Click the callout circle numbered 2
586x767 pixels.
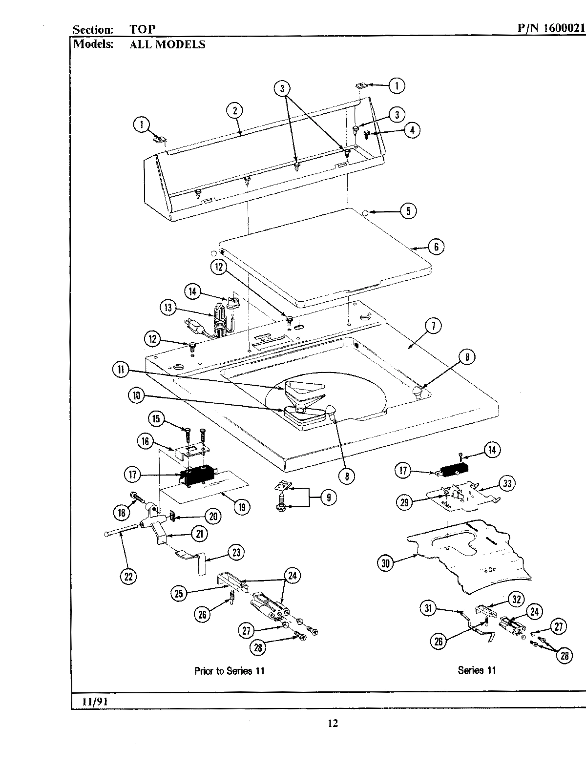click(x=234, y=111)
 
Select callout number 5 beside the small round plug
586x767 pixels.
click(x=408, y=211)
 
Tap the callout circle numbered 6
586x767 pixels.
click(x=436, y=247)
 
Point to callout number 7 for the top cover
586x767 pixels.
click(x=433, y=326)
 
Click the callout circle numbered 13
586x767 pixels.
click(x=168, y=308)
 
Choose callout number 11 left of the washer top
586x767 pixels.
click(x=121, y=370)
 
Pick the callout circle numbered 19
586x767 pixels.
click(x=242, y=507)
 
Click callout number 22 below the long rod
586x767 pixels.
click(x=128, y=577)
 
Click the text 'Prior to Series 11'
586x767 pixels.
click(x=229, y=671)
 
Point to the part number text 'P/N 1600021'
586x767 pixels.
click(x=550, y=29)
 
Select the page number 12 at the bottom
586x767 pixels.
click(x=332, y=724)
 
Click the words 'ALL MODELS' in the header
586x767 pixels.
click(x=167, y=44)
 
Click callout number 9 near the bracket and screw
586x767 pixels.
click(x=328, y=498)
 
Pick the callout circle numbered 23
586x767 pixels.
click(x=236, y=552)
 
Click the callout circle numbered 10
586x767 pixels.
click(x=137, y=396)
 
